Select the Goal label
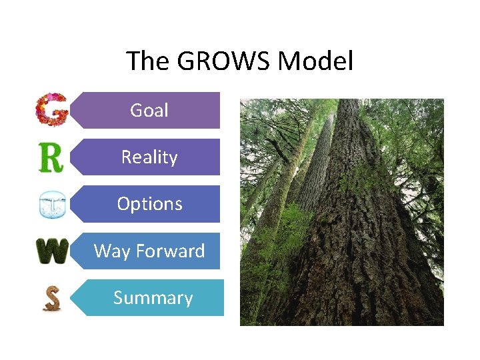149,110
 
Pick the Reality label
149,157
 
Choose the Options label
149,203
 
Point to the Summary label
153,297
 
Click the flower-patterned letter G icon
52,109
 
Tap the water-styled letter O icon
52,205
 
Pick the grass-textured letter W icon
52,251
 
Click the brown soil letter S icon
51,298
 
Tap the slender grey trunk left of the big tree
313,173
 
